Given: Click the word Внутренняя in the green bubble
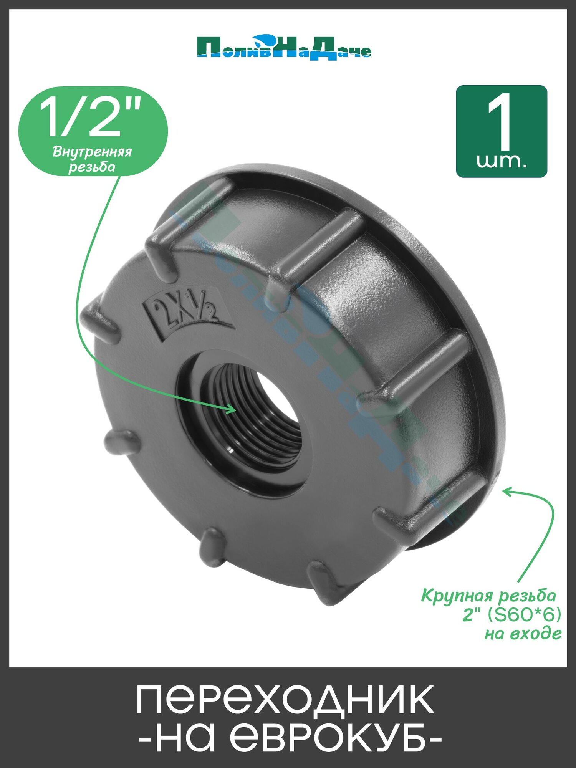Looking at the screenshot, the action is pyautogui.click(x=92, y=152).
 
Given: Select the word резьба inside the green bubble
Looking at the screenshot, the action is pyautogui.click(x=92, y=167).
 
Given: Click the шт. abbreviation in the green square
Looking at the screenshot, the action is pyautogui.click(x=501, y=161).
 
